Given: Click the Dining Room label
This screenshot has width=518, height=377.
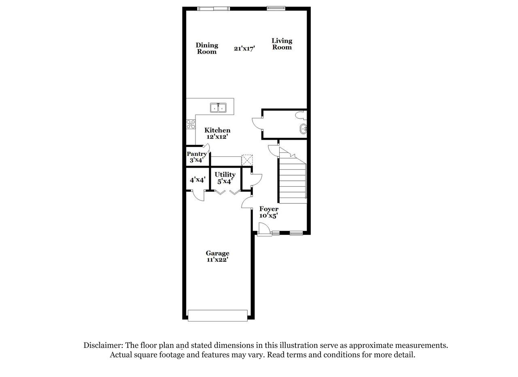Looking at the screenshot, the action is [207, 48].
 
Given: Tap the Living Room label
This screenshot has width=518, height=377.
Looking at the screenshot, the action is [282, 44].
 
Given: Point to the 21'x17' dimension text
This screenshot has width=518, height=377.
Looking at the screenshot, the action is [244, 49].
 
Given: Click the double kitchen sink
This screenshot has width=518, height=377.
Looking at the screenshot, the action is [218, 108].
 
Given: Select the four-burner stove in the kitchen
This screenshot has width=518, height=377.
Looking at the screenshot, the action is [191, 124].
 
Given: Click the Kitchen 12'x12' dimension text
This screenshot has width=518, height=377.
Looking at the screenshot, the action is [217, 137].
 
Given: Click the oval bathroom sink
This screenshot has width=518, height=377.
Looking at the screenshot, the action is [304, 129].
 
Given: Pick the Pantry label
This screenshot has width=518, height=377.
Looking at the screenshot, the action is [197, 154].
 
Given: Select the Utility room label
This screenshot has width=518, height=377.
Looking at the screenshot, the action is [225, 174].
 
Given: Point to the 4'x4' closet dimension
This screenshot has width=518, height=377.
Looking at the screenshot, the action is [197, 180].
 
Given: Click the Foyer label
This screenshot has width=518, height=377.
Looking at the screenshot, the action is [269, 209].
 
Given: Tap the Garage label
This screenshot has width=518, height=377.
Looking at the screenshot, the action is [217, 253].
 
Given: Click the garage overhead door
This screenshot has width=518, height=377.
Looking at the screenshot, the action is [218, 316].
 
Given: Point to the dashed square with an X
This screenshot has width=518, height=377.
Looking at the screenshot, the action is [247, 160].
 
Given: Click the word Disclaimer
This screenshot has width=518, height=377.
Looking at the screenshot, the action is [103, 345].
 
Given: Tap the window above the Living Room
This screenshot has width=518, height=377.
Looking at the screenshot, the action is [276, 9].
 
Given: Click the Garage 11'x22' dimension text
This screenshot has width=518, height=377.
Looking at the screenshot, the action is [217, 260].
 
